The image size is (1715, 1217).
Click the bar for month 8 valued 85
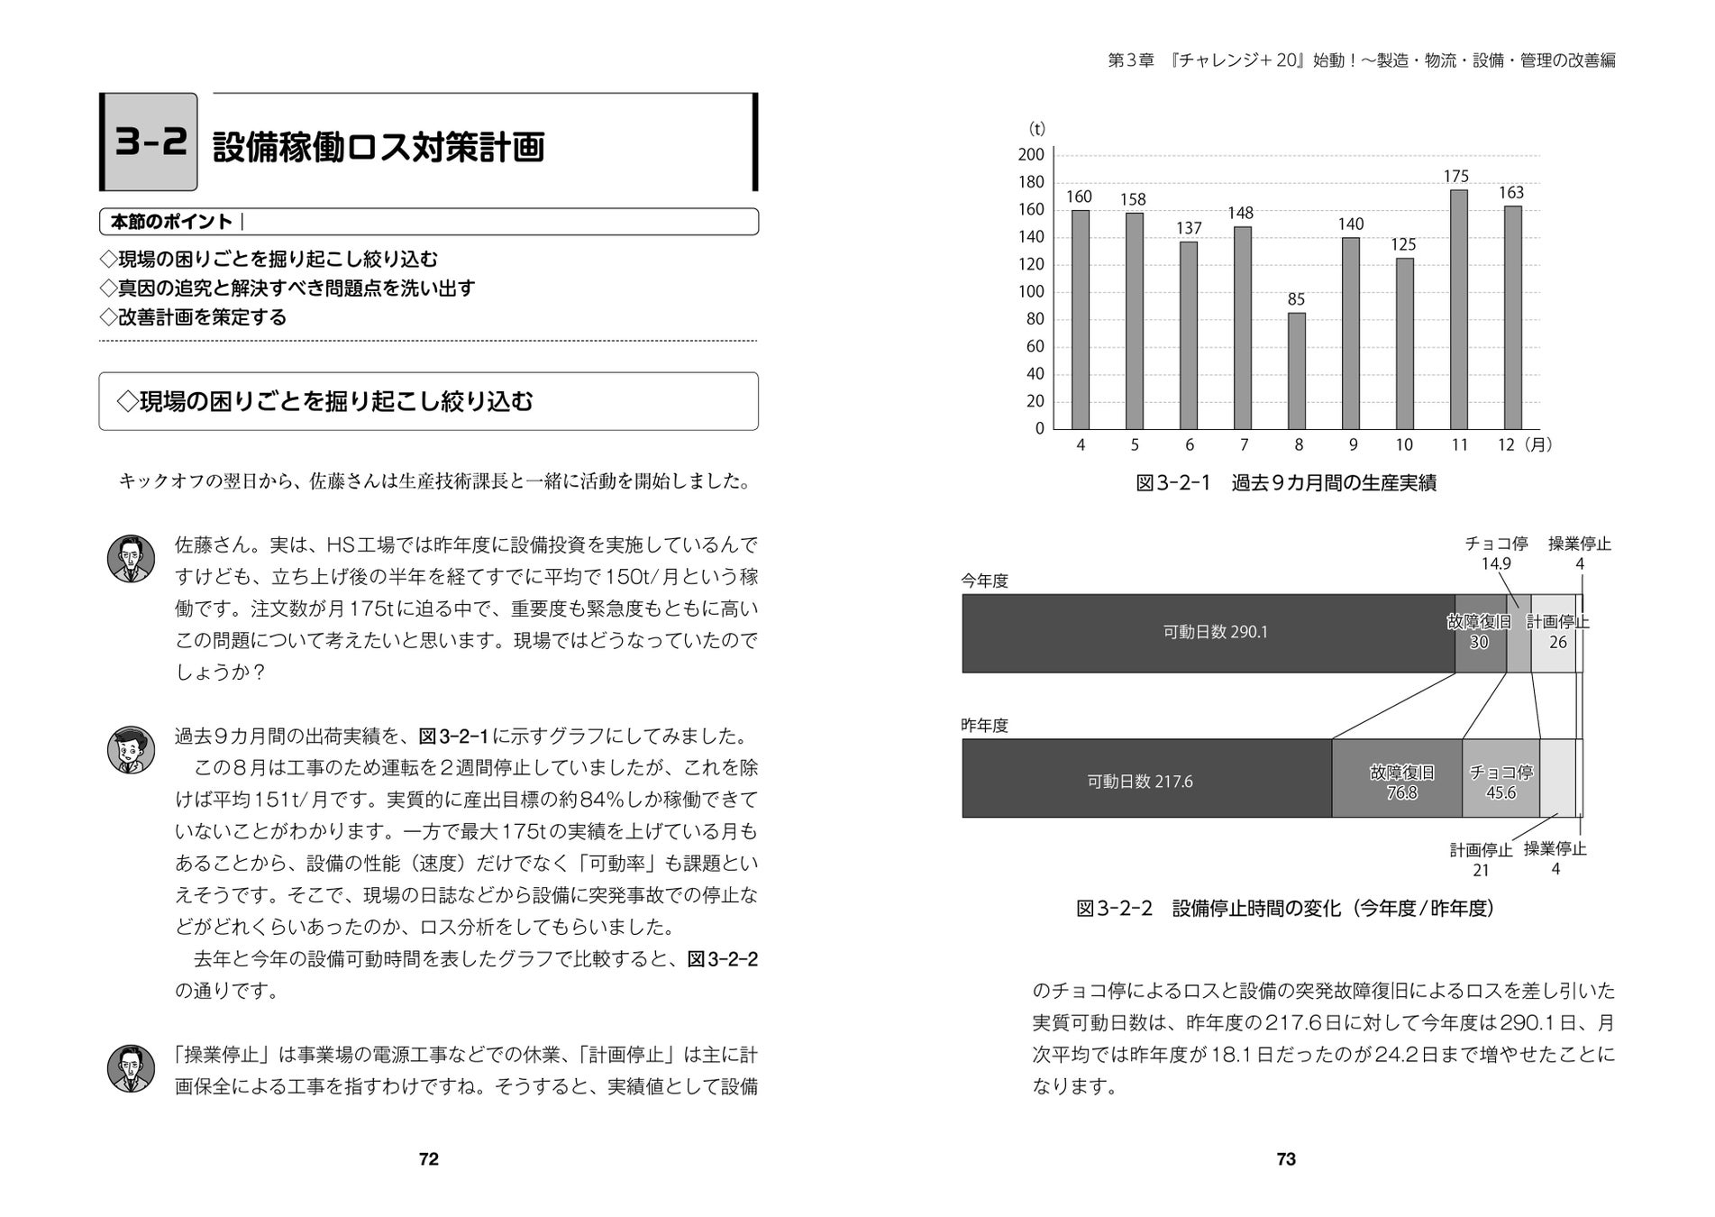pos(1296,371)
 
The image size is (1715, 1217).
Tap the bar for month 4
pos(1080,319)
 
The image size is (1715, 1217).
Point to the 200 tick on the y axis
pos(1031,155)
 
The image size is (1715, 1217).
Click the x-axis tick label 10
pos(1404,444)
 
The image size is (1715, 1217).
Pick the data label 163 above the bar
pos(1511,193)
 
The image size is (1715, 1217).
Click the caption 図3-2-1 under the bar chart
pos(1285,483)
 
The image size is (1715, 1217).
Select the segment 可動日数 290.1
pos(1208,633)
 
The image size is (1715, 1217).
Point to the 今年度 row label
pos(984,581)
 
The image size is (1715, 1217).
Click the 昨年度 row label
pos(984,726)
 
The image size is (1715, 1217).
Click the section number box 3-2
pos(150,142)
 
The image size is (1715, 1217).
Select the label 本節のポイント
pos(171,222)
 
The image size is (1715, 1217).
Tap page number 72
pos(429,1159)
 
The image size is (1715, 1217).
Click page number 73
pos(1286,1159)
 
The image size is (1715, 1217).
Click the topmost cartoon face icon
pos(131,559)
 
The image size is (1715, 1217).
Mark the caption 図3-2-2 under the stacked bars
pos(1285,908)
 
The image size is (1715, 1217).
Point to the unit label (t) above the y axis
pos(1037,130)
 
